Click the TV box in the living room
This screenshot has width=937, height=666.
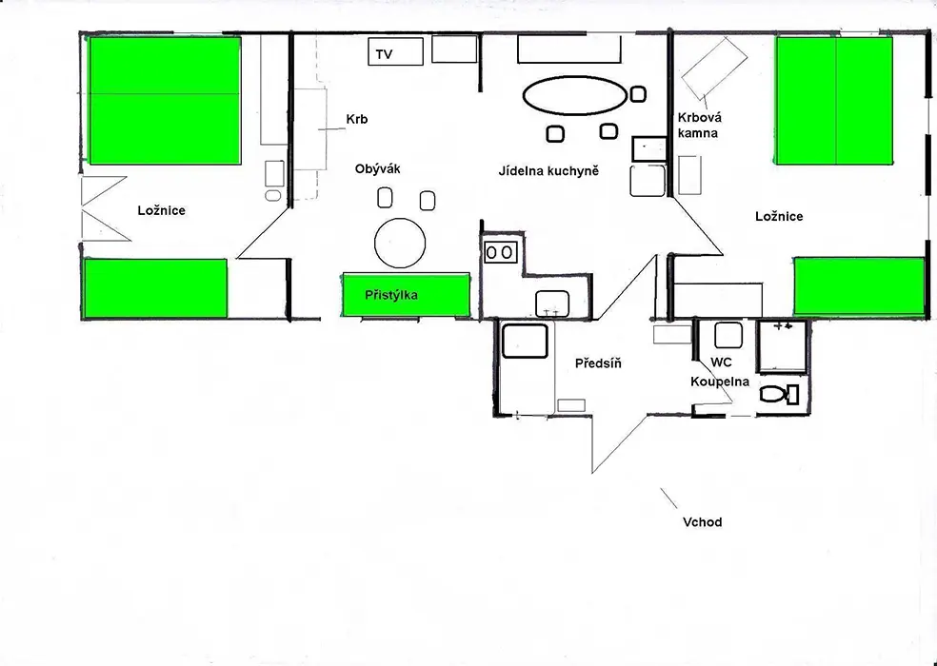click(395, 51)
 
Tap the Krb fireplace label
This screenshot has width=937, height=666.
click(357, 119)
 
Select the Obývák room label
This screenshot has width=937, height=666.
click(378, 168)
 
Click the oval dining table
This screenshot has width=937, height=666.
click(575, 95)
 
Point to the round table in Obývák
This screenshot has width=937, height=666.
click(400, 244)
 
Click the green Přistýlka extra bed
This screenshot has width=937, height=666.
click(406, 295)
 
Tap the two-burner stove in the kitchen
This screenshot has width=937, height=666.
click(500, 252)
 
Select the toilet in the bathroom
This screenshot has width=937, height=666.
click(779, 394)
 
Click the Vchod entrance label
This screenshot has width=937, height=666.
click(702, 522)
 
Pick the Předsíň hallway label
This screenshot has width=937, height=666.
click(598, 363)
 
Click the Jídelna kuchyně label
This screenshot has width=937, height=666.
click(548, 171)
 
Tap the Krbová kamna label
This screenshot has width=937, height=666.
click(699, 125)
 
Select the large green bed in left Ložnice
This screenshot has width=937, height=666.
click(165, 100)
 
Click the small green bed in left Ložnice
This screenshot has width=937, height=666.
click(155, 288)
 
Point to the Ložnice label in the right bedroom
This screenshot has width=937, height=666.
click(779, 216)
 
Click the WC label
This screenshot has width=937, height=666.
click(721, 362)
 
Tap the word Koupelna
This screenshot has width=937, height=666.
click(720, 382)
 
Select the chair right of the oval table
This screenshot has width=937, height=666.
click(638, 94)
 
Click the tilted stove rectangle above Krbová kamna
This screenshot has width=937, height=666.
click(715, 69)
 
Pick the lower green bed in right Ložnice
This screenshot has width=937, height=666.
click(859, 286)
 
